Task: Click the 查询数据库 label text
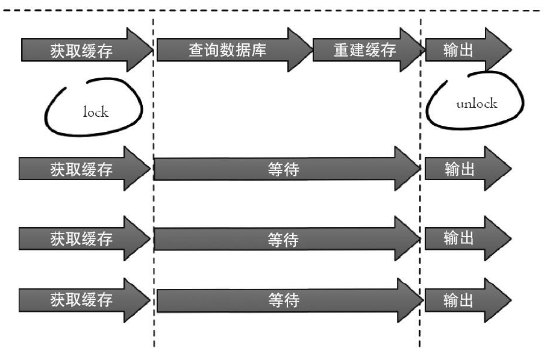[x=227, y=51]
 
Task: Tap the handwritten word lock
[x=96, y=112]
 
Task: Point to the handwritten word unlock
[x=477, y=103]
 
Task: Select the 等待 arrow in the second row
[x=283, y=170]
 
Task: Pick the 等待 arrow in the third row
[x=283, y=239]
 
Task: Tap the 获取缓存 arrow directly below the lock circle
[x=81, y=170]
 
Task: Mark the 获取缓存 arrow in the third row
[x=81, y=239]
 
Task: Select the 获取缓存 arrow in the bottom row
[x=81, y=299]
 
